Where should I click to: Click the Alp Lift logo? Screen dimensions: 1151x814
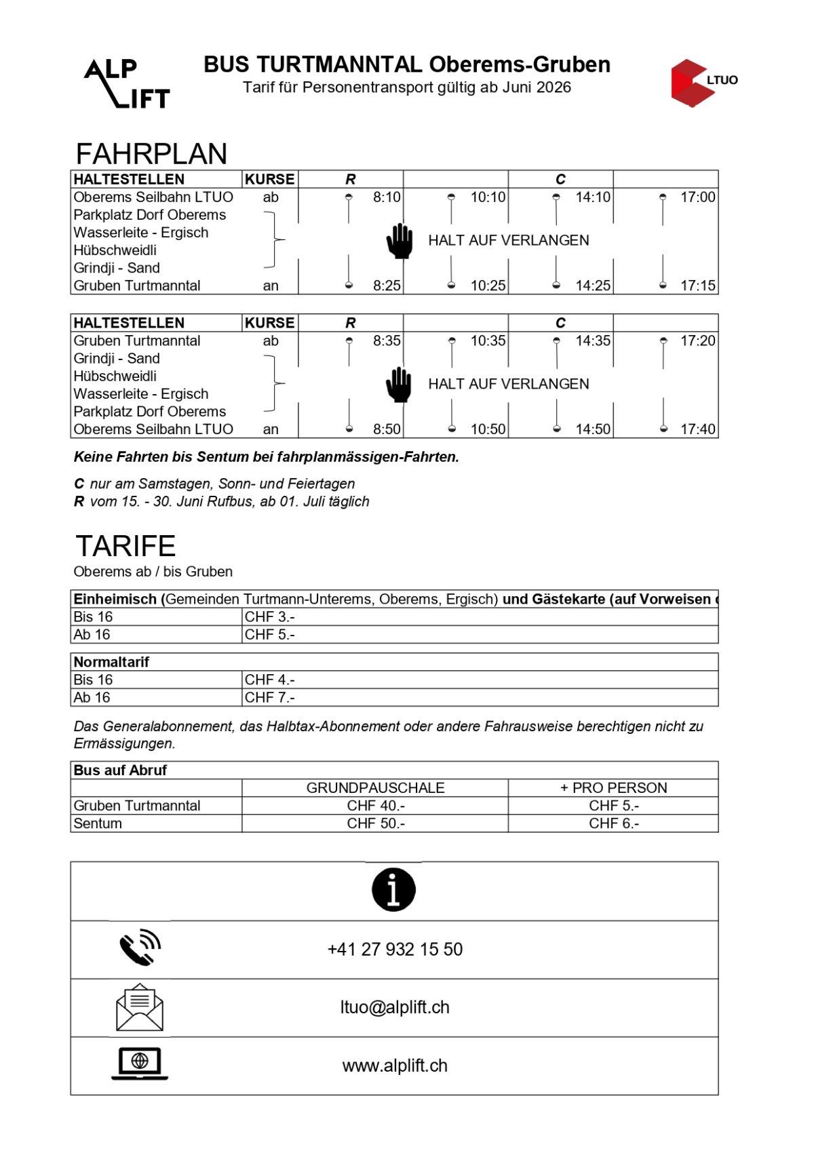127,83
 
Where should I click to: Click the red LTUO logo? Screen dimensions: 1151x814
702,82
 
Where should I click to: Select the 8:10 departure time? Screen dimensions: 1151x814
387,197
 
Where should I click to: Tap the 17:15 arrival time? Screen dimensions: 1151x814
697,286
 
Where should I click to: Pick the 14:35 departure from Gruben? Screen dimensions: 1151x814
593,341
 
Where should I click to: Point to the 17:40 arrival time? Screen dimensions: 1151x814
697,429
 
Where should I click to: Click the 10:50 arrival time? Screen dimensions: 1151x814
488,429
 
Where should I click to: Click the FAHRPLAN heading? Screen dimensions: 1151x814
151,154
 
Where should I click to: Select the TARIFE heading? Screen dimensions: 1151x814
125,546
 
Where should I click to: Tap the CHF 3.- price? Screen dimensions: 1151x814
269,617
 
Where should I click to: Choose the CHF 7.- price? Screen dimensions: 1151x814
269,698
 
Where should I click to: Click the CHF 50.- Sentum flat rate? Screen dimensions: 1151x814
375,823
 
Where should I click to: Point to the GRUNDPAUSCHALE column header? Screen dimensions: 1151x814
375,788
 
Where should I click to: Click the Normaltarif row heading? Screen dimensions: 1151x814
111,662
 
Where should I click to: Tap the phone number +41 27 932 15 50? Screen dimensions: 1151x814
395,950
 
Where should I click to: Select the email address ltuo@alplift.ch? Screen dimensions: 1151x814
395,1007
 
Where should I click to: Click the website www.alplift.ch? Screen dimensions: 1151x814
395,1066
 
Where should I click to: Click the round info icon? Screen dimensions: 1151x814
393,889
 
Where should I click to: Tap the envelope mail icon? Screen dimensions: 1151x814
140,1007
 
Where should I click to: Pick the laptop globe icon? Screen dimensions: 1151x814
140,1063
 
